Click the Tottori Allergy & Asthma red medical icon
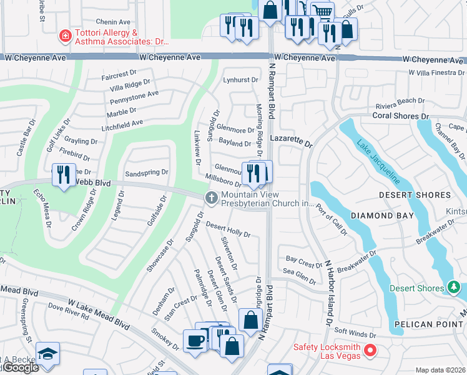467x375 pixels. click(64, 37)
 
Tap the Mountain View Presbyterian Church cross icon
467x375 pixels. click(211, 198)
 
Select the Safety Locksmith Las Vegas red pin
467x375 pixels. click(369, 351)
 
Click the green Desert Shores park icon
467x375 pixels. click(454, 288)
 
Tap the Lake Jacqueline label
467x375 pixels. click(378, 161)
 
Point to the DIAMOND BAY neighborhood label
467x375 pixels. click(382, 216)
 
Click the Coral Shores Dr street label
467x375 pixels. click(401, 116)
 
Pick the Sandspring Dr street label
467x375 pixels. click(147, 172)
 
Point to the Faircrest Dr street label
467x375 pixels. click(118, 74)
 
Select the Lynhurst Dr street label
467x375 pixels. click(240, 80)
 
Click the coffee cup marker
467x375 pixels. click(194, 340)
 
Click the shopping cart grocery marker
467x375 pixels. click(322, 11)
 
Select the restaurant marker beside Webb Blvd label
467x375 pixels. click(63, 174)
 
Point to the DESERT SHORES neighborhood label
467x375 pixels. click(415, 195)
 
